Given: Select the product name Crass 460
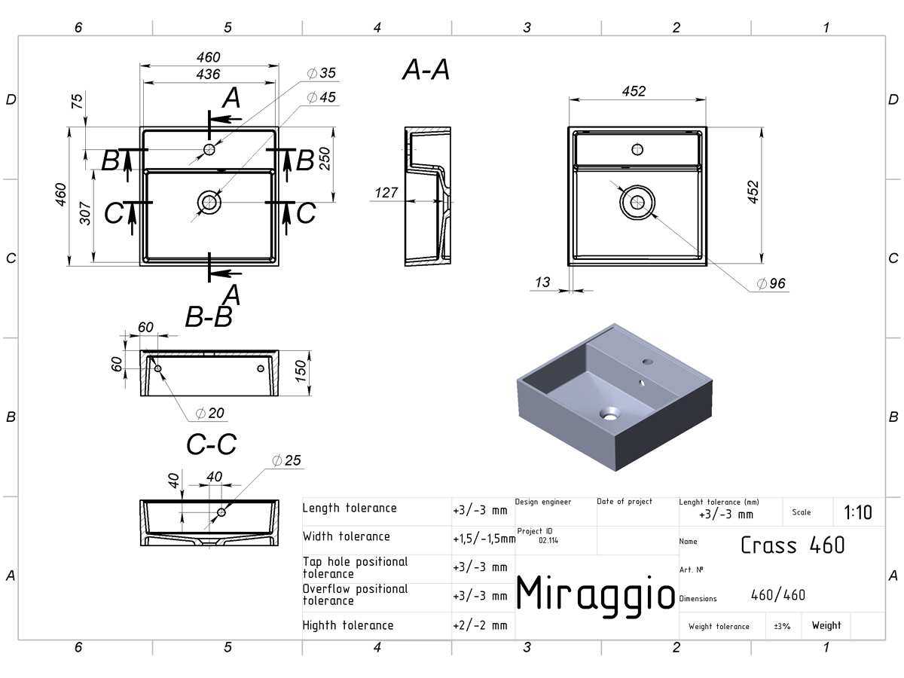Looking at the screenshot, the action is pos(793,545).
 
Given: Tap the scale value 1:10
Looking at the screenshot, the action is pos(858,512).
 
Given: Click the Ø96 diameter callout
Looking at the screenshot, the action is pos(771,283).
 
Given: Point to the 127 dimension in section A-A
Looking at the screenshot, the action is pos(386,192).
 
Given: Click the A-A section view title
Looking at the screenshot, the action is pos(426,69).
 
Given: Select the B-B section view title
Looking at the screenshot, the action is pos(209,317).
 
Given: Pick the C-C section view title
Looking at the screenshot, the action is pos(211,444).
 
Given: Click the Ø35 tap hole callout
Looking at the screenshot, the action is pos(321,73).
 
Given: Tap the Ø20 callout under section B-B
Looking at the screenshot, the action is pos(209,413).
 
